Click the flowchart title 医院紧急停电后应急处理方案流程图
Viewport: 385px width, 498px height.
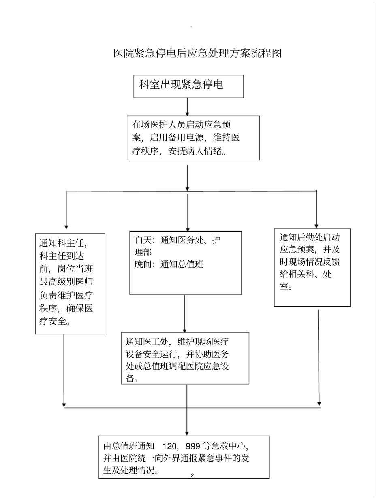pos(197,53)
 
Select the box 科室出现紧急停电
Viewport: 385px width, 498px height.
pos(188,86)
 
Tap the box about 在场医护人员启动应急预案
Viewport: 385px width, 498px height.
pos(193,138)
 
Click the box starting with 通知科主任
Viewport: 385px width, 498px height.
pos(70,283)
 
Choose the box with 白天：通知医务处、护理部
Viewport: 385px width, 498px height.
pos(185,262)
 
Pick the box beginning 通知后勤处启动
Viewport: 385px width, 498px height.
pos(312,267)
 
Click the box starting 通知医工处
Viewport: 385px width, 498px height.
pos(185,358)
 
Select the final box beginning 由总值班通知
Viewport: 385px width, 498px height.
pos(184,457)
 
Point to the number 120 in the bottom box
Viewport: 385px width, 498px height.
pos(169,447)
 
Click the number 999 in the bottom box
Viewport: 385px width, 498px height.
pos(192,447)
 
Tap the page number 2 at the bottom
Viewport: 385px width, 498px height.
pos(192,476)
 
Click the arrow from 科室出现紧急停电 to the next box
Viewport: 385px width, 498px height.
pos(187,106)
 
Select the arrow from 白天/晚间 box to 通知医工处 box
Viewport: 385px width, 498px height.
pos(185,313)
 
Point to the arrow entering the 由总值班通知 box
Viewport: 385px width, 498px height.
pos(187,421)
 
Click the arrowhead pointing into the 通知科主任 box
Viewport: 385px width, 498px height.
pos(66,227)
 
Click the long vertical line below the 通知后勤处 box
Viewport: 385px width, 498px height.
pos(319,356)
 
